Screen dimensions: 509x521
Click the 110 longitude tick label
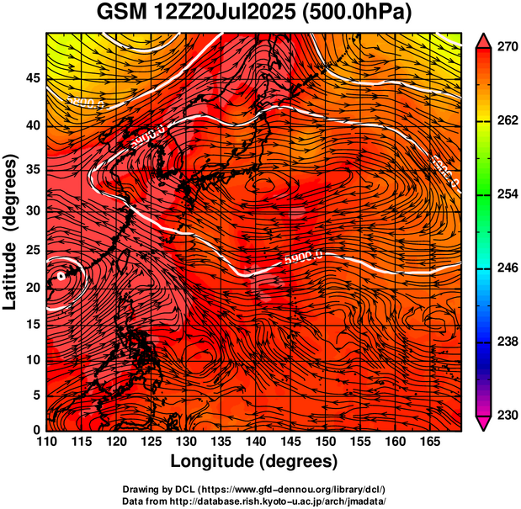click(x=46, y=441)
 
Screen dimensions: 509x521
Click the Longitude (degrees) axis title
click(x=253, y=461)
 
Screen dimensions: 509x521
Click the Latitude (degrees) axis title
click(x=12, y=231)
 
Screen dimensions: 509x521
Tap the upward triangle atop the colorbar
click(x=483, y=39)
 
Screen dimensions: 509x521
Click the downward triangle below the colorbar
click(x=483, y=424)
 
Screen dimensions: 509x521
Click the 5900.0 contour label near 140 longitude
click(x=304, y=256)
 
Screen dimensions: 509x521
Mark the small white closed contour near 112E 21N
click(x=61, y=275)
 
